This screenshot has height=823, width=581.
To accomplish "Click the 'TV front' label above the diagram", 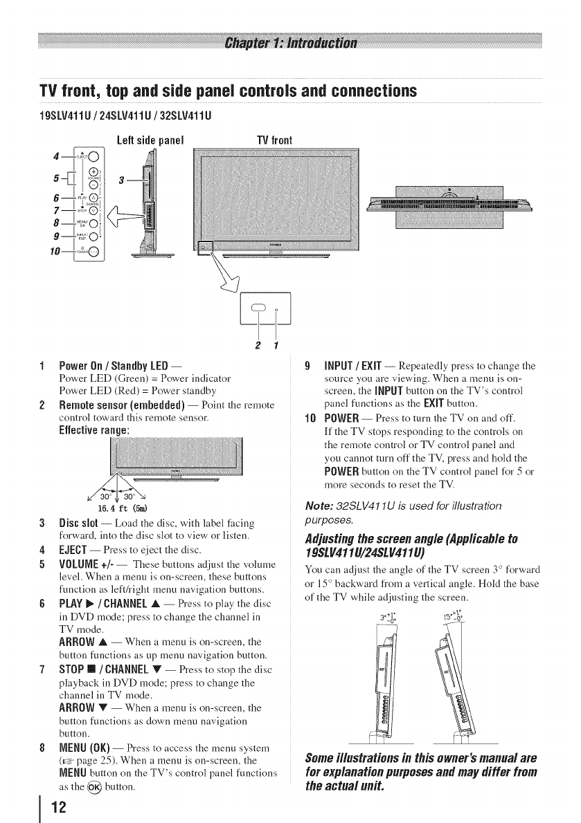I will coord(275,140).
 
